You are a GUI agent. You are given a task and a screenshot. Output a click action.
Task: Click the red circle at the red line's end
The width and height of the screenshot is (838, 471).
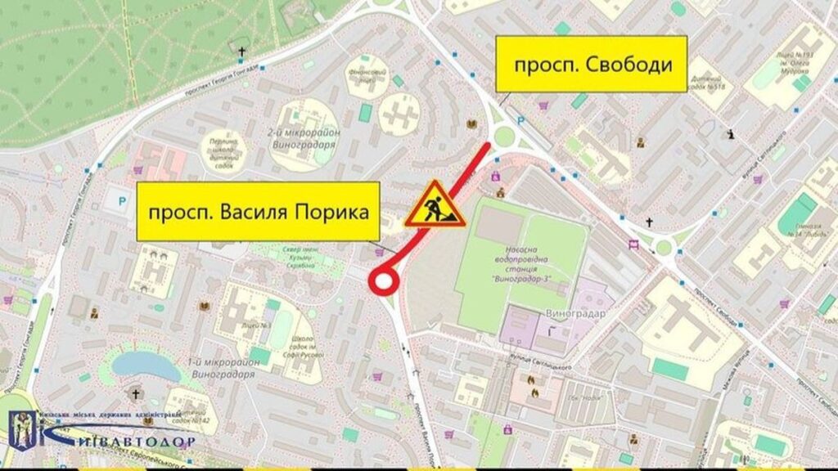[x=383, y=282]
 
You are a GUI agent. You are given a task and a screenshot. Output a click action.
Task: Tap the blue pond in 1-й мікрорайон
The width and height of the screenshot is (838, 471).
[x=146, y=366]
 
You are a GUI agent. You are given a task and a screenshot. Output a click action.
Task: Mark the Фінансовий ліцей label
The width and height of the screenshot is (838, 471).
[x=365, y=75]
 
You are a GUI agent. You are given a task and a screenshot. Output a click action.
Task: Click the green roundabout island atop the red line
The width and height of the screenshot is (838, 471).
[x=505, y=136]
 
